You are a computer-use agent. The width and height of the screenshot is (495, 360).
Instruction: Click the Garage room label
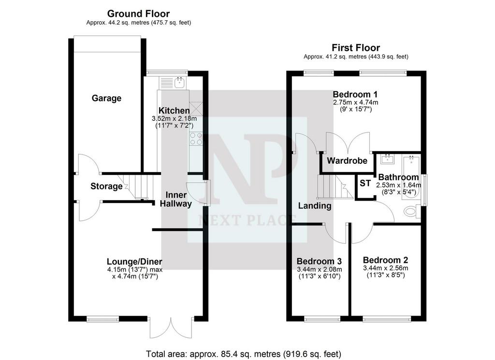(x=106, y=99)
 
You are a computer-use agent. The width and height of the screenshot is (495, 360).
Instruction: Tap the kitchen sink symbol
(x=179, y=83)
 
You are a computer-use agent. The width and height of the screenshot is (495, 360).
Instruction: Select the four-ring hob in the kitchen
(x=196, y=139)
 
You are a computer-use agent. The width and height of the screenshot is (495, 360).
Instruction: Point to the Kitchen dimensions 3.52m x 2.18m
(x=174, y=119)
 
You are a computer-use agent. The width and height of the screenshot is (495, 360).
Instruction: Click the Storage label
(x=106, y=187)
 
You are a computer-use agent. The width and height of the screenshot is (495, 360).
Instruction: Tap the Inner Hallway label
(x=176, y=200)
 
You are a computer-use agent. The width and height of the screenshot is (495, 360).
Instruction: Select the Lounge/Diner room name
(x=134, y=261)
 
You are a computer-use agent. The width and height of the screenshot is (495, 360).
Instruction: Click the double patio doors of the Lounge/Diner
(x=171, y=327)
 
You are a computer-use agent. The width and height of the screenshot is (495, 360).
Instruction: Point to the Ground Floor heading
(x=138, y=14)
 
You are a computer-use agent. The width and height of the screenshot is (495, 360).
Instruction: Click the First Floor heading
(x=356, y=48)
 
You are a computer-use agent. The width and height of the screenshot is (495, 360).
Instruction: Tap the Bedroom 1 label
(x=355, y=94)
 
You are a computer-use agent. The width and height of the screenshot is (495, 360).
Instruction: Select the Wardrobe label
(x=347, y=161)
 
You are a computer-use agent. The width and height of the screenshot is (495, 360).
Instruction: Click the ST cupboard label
(x=365, y=183)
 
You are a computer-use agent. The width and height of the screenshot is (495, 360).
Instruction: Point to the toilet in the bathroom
(x=411, y=211)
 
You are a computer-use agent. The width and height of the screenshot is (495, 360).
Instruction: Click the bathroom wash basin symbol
(x=387, y=159)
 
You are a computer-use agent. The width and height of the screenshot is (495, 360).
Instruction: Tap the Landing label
(x=315, y=206)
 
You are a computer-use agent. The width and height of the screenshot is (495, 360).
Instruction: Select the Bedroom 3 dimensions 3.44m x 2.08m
(x=319, y=270)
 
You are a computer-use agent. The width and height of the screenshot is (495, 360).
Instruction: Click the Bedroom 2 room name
(x=385, y=260)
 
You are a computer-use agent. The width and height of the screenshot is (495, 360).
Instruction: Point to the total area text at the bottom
(x=244, y=354)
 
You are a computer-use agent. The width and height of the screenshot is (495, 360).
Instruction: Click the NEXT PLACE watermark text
(x=247, y=219)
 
